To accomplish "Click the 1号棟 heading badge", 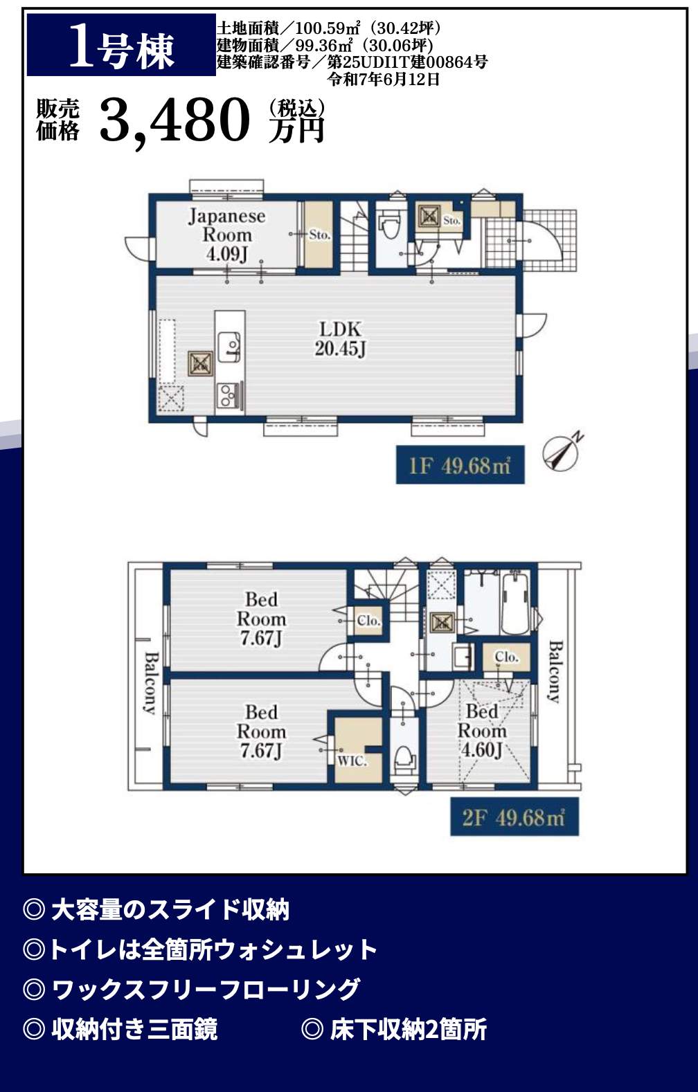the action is click(121, 45).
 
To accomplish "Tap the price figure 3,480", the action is click(174, 120).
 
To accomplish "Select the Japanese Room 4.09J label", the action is click(227, 235).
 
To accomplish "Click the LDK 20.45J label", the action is click(340, 339).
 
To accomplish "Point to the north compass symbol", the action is click(562, 452).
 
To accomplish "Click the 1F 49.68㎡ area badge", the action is click(460, 465).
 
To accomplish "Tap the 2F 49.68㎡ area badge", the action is click(514, 817).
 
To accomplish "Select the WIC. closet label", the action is click(352, 761).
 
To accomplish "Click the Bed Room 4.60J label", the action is click(481, 730).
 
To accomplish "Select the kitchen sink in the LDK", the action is click(229, 347).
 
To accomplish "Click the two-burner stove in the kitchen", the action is click(228, 395).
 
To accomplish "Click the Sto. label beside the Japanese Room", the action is click(320, 235).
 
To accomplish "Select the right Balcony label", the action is click(555, 671).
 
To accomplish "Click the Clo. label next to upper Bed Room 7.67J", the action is click(368, 621).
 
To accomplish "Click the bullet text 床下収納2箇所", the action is click(409, 1030).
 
